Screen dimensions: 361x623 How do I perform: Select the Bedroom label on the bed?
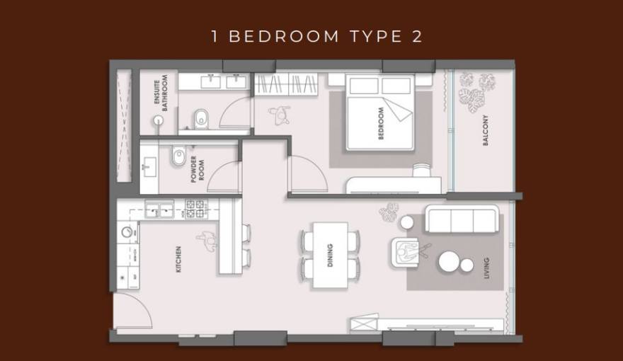[x=381, y=123]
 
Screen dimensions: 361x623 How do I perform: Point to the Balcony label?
[x=486, y=130]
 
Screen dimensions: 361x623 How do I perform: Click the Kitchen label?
[x=178, y=259]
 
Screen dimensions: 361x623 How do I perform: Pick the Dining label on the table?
[x=330, y=256]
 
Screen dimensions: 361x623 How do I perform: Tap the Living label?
[x=486, y=267]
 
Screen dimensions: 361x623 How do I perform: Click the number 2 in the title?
[x=416, y=37]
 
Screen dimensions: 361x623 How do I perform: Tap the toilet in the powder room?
[x=178, y=156]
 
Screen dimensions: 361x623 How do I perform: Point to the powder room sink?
[x=149, y=168]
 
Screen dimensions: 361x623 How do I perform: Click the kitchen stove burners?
[x=195, y=208]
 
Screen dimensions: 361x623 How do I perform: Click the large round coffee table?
[x=450, y=261]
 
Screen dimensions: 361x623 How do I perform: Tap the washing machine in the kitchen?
[x=128, y=231]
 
